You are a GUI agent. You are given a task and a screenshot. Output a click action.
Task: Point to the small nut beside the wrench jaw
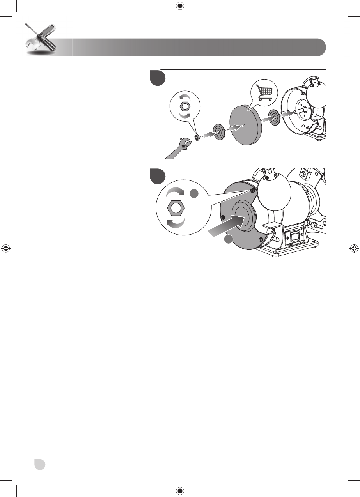pyautogui.click(x=197, y=137)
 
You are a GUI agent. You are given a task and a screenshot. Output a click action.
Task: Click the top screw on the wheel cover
pyautogui.click(x=252, y=190)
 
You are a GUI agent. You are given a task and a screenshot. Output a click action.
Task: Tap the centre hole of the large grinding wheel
pyautogui.click(x=243, y=126)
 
